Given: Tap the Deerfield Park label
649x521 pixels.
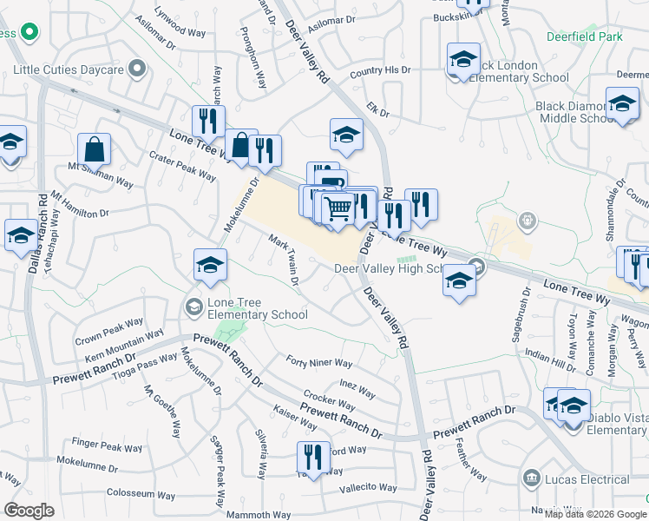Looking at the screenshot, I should pyautogui.click(x=585, y=37).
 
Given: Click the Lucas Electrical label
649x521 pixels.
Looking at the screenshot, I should pyautogui.click(x=588, y=479).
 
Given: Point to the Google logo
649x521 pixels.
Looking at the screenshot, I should pyautogui.click(x=29, y=511).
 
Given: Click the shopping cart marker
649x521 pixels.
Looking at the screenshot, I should pyautogui.click(x=338, y=208).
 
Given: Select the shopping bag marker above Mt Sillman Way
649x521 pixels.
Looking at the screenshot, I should pyautogui.click(x=95, y=148).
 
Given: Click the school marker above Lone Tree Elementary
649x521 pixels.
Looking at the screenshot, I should pyautogui.click(x=210, y=265).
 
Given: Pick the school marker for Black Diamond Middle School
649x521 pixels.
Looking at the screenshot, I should pyautogui.click(x=622, y=103).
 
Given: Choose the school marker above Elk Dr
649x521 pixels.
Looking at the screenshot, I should pyautogui.click(x=346, y=134).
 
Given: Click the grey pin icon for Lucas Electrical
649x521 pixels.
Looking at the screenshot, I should pyautogui.click(x=531, y=479).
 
